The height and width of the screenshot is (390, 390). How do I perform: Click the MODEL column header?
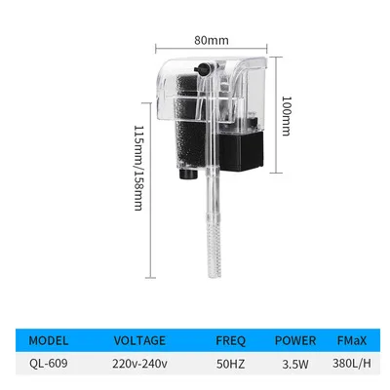click(x=49, y=341)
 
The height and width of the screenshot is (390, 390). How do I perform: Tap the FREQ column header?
click(x=230, y=341)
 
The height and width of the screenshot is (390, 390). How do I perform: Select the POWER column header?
click(x=295, y=341)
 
